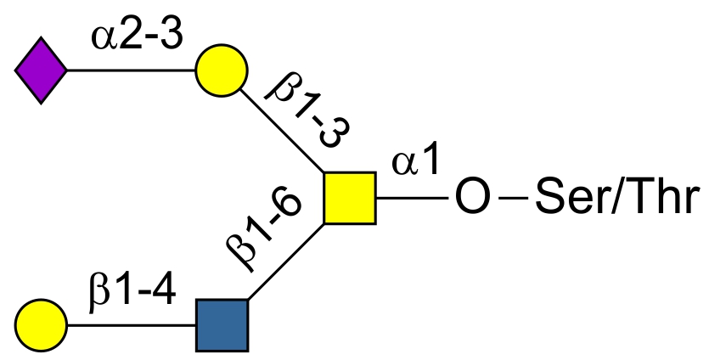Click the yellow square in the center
pyautogui.click(x=350, y=198)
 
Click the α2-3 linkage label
pyautogui.click(x=137, y=37)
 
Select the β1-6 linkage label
pyautogui.click(x=263, y=231)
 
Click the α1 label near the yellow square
pyautogui.click(x=415, y=161)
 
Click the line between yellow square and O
pyautogui.click(x=412, y=198)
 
